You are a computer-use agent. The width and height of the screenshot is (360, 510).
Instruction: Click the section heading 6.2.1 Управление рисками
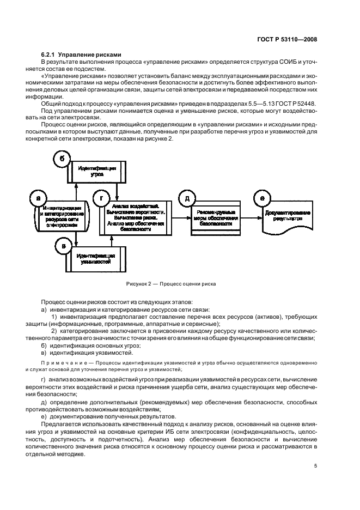pyautogui.click(x=81, y=54)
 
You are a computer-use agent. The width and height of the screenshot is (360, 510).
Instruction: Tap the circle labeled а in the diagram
pyautogui.click(x=38, y=199)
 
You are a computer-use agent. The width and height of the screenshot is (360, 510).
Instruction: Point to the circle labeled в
pyautogui.click(x=63, y=246)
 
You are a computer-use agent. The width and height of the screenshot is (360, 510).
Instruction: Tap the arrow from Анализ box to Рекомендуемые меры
pyautogui.click(x=181, y=217)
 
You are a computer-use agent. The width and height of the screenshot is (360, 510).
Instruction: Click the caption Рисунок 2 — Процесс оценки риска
pyautogui.click(x=171, y=284)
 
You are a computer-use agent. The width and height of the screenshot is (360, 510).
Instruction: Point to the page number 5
pyautogui.click(x=316, y=466)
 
